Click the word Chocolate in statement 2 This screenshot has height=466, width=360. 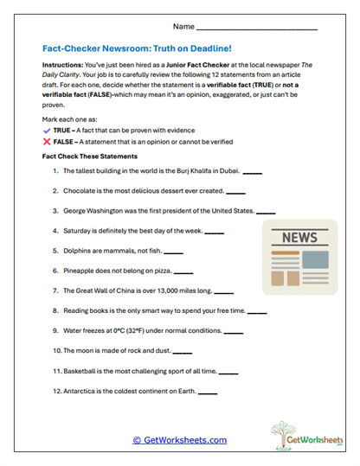click(x=80, y=192)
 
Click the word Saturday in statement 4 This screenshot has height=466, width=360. click(x=78, y=231)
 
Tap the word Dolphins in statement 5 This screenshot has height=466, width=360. click(x=78, y=251)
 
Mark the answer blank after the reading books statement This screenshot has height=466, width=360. click(x=257, y=311)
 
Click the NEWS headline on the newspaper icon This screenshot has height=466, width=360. click(x=299, y=237)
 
